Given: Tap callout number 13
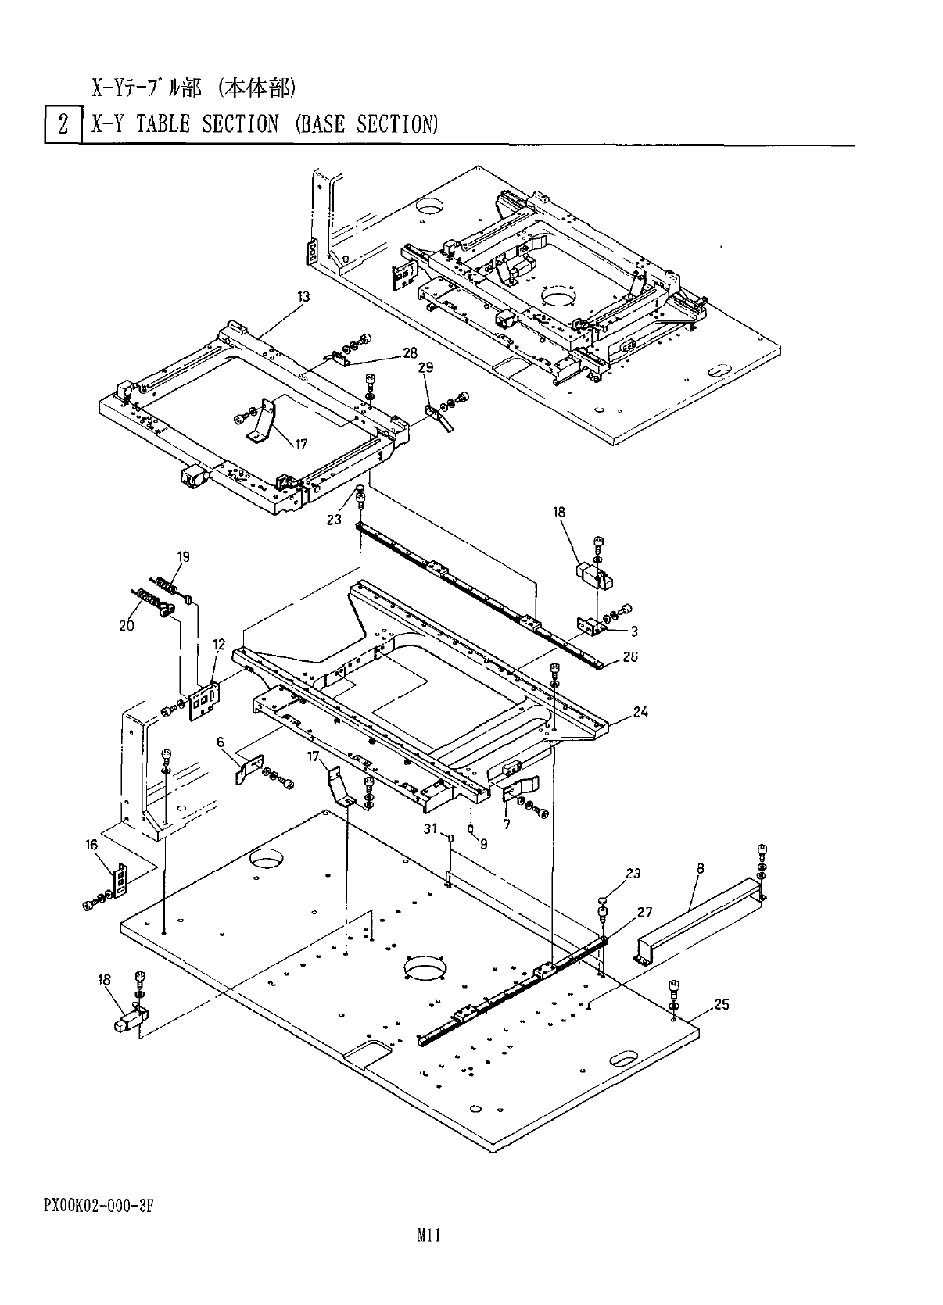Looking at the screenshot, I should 303,297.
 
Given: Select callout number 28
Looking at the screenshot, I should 410,353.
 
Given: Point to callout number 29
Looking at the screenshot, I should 426,367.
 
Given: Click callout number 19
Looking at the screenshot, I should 183,557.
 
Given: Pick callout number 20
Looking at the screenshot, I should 127,624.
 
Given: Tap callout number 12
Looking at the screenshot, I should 219,645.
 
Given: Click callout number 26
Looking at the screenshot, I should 630,656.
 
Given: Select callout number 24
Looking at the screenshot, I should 641,712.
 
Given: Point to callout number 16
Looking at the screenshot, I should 92,844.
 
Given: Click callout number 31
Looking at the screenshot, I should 430,830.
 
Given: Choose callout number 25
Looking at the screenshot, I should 722,1004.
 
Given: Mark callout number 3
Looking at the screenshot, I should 634,631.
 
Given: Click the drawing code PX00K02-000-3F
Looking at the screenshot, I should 97,1204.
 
